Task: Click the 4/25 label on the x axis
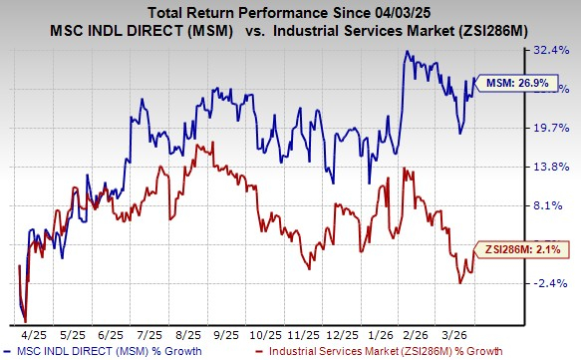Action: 35,333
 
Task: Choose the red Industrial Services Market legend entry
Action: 379,351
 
